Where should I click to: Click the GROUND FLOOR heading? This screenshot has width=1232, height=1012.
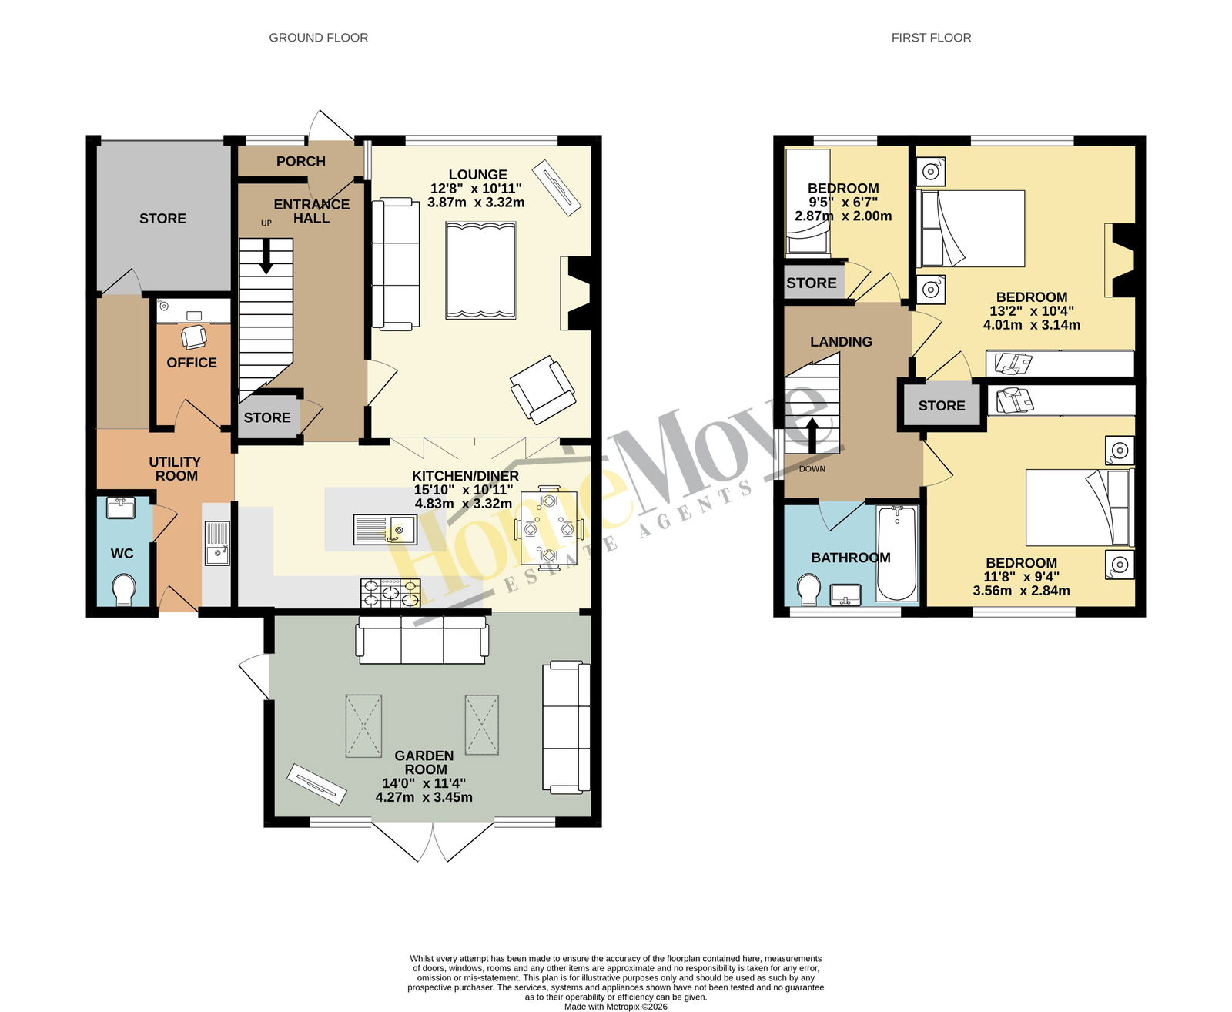[318, 38]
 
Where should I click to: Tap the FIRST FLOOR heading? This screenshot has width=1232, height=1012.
[931, 38]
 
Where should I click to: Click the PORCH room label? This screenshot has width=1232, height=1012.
[301, 161]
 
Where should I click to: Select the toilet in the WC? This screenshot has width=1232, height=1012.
[124, 589]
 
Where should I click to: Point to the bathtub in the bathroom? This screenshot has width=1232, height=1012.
[897, 553]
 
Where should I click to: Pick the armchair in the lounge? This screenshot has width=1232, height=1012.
[543, 389]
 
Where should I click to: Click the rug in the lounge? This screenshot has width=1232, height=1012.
[480, 270]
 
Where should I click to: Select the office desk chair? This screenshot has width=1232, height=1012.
[194, 337]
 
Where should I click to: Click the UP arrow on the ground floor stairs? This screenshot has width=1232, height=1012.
[266, 256]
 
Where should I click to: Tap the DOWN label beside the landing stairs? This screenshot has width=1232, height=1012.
[812, 469]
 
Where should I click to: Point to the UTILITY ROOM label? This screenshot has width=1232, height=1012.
[176, 469]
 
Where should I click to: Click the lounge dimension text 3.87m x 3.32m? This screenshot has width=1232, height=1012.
[476, 203]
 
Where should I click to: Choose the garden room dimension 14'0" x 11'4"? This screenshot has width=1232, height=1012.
[424, 783]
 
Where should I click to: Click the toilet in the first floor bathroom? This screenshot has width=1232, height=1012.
[809, 589]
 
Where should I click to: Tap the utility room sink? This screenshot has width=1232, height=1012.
[217, 543]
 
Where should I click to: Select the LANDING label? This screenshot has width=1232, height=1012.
[841, 342]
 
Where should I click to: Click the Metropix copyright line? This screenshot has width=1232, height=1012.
[616, 1007]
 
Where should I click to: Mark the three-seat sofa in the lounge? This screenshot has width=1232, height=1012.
[396, 263]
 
